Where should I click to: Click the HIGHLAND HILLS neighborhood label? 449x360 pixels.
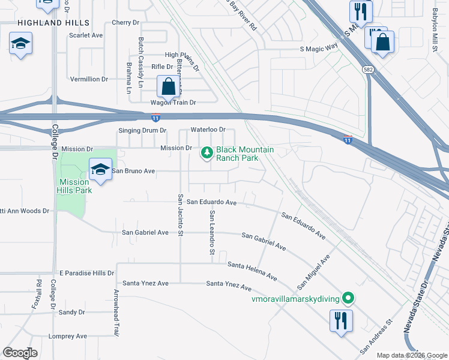(x=49, y=23)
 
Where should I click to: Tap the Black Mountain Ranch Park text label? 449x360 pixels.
(x=237, y=154)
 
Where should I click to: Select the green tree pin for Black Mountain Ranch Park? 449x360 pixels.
(x=207, y=153)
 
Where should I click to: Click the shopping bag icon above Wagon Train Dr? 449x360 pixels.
(x=169, y=86)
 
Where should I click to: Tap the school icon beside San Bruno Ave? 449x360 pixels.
(x=100, y=170)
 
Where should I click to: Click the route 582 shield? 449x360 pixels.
(x=368, y=70)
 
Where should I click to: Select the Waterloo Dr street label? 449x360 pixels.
(x=208, y=130)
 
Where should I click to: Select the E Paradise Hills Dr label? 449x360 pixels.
(x=87, y=272)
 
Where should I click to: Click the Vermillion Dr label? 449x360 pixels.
(x=89, y=79)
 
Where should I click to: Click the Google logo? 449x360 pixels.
(x=20, y=353)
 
